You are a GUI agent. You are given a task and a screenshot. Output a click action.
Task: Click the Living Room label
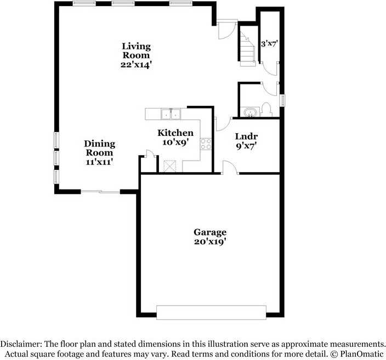[x=136, y=51]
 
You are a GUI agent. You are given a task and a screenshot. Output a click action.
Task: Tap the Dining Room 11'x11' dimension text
[x=99, y=162]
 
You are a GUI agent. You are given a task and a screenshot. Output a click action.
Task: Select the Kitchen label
[x=175, y=133]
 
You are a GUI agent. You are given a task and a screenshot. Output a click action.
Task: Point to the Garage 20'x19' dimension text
[x=210, y=242]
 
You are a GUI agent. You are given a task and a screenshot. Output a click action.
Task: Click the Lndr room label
[x=246, y=136]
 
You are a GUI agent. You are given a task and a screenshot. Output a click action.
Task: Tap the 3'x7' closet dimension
[x=269, y=44]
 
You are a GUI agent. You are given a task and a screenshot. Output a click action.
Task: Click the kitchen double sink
[x=171, y=114]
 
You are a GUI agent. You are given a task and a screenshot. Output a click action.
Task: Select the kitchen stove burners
[x=206, y=144]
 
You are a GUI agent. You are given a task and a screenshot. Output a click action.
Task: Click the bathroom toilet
[x=266, y=110]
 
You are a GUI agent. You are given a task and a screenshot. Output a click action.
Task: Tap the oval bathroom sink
[x=251, y=113]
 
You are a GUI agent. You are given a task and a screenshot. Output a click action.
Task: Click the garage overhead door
[x=211, y=312]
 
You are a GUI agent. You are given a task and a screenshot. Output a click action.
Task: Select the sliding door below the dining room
[x=100, y=191]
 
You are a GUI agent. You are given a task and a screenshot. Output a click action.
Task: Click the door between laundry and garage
[x=230, y=167]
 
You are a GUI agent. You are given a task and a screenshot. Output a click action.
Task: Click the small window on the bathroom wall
[x=282, y=100]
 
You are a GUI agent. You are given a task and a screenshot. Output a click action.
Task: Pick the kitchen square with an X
[x=170, y=166]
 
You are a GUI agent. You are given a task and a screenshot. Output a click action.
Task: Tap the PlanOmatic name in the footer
[x=361, y=354]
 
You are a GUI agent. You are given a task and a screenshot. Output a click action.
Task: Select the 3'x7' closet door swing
[x=270, y=69]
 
